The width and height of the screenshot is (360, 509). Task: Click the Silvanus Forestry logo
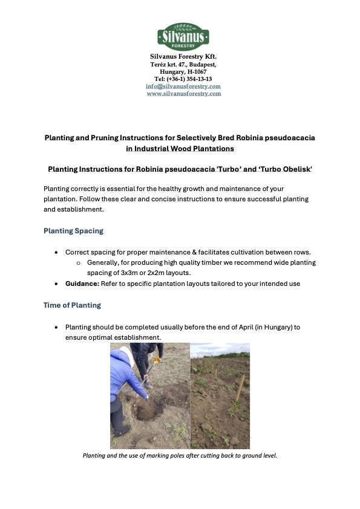pos(183,36)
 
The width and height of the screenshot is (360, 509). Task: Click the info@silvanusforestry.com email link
pos(183,86)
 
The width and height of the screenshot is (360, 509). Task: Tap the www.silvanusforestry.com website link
pos(183,94)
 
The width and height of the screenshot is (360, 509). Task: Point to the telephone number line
pos(183,79)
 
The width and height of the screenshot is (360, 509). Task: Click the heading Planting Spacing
pos(73,230)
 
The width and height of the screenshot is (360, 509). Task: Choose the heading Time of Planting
pos(72,305)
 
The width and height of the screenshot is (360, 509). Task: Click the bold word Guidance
pos(82,284)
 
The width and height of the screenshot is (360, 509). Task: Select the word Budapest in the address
pos(200,64)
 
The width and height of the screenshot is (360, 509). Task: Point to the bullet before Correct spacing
pos(56,251)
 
